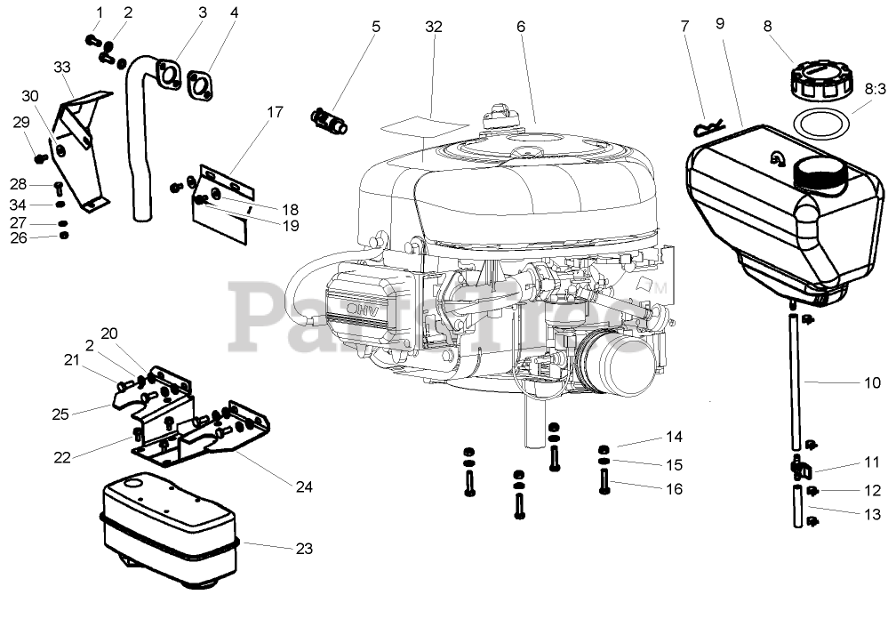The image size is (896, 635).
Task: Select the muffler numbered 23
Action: [x=169, y=534]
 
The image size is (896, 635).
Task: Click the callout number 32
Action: [x=433, y=27]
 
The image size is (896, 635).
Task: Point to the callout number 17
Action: [x=275, y=112]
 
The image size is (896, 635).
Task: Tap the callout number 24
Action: [x=305, y=486]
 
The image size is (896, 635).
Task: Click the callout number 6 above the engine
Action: [x=521, y=27]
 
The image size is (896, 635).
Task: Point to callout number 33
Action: [x=61, y=68]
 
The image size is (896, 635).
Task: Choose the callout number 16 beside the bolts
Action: [x=674, y=488]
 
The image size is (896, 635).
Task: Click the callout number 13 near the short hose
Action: [x=872, y=514]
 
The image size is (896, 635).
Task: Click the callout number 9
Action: [x=719, y=23]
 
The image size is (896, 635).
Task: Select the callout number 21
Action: [x=70, y=359]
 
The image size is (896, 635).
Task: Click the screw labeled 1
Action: [x=92, y=39]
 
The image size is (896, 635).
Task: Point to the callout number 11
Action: [x=871, y=462]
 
